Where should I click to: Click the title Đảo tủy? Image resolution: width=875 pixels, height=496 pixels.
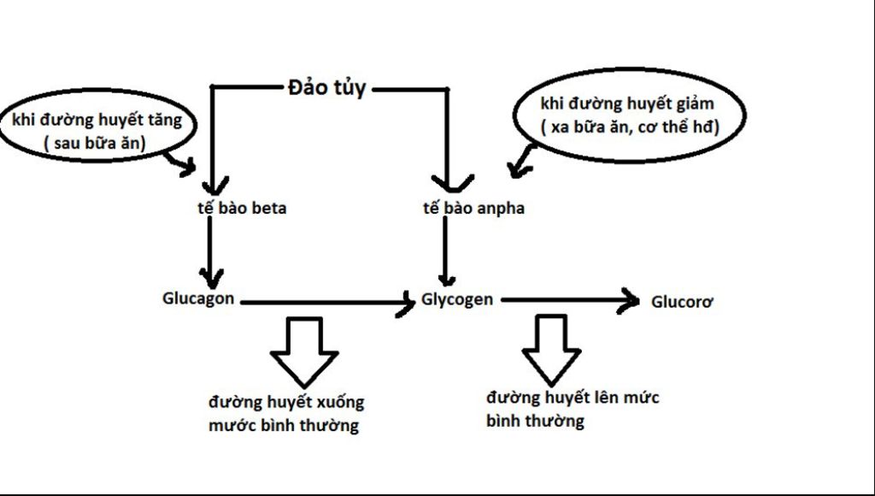(x=326, y=87)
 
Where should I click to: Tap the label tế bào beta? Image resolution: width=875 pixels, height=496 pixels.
(x=241, y=208)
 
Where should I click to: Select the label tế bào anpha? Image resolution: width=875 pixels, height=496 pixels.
(x=473, y=208)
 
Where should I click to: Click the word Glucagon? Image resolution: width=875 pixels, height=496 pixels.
(x=198, y=298)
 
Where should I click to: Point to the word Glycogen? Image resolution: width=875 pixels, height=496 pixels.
(x=457, y=299)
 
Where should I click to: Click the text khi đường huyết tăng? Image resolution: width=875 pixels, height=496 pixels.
(x=97, y=120)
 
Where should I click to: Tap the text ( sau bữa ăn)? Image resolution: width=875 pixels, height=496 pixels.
(x=96, y=144)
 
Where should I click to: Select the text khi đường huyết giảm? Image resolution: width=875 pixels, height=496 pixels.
(x=627, y=104)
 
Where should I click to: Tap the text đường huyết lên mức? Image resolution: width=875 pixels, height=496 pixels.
(x=573, y=398)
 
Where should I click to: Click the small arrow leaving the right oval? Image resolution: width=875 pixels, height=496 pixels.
(x=522, y=159)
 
